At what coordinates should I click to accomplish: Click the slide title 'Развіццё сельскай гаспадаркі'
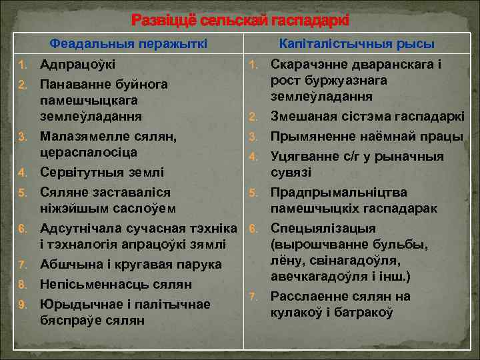point(240,21)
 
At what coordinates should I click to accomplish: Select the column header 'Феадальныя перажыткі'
point(129,44)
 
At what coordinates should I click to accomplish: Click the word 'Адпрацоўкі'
point(77,65)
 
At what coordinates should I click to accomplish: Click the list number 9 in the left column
point(22,305)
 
